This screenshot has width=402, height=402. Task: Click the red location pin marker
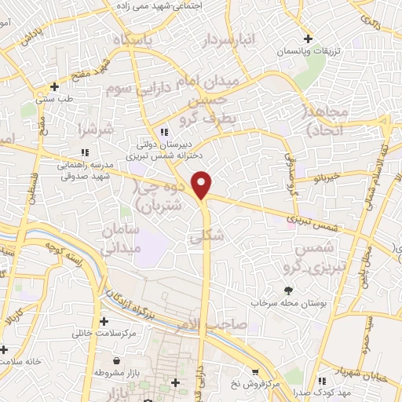pyautogui.click(x=203, y=185)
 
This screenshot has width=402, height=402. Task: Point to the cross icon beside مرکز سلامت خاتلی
pyautogui.click(x=104, y=321)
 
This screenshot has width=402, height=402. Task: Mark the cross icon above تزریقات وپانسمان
pyautogui.click(x=308, y=39)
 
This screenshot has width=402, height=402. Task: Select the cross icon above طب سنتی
pyautogui.click(x=53, y=87)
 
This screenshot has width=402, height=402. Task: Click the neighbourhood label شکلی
pyautogui.click(x=207, y=235)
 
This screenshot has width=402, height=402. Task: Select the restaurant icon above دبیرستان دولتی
pyautogui.click(x=164, y=132)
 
